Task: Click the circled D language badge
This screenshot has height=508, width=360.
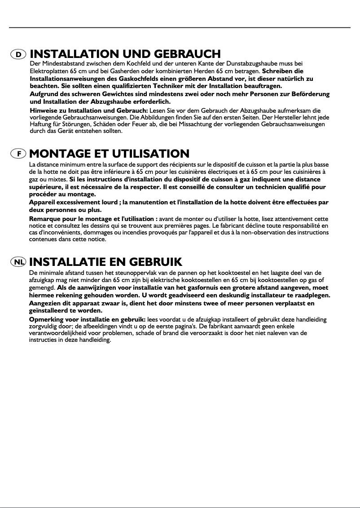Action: click(18, 54)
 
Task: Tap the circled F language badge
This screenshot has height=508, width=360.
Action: click(18, 154)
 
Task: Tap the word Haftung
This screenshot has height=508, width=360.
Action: click(40, 124)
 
